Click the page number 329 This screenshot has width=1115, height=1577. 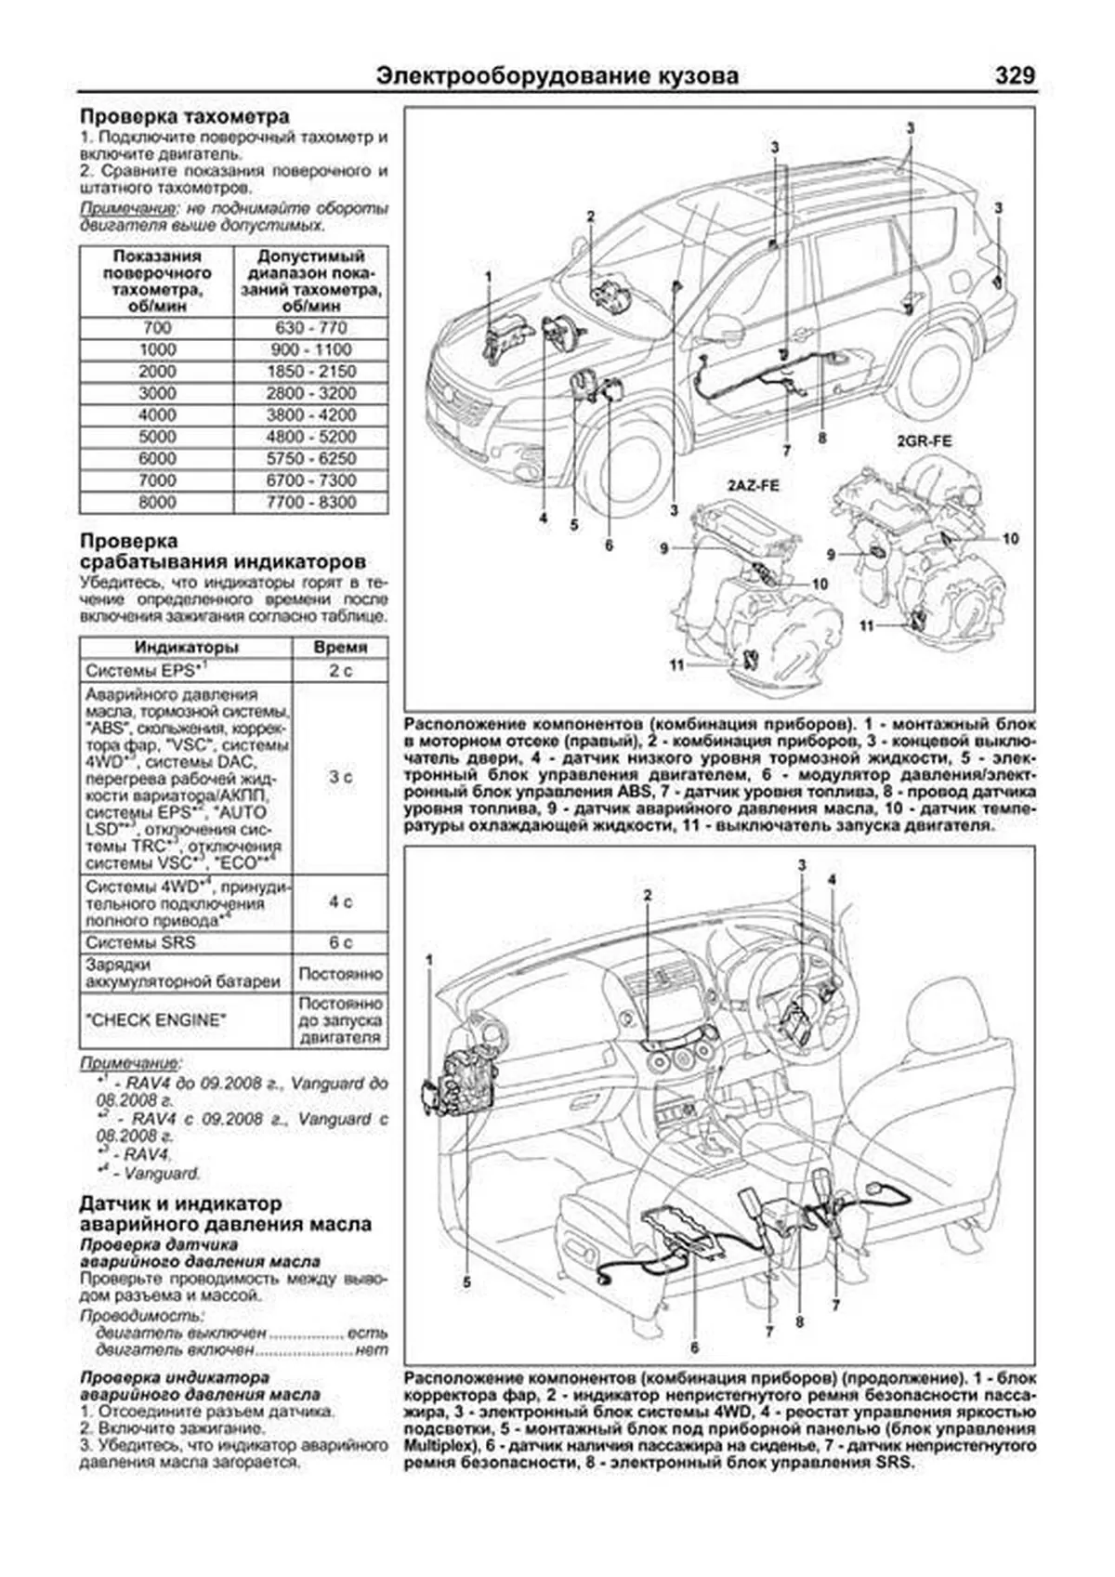pos(1014,75)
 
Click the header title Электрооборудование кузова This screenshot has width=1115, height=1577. pos(557,76)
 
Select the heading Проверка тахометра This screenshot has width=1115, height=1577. pos(184,117)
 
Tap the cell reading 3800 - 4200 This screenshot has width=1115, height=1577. pos(311,414)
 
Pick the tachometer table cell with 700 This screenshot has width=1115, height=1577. pos(157,328)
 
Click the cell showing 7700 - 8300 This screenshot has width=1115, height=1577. pos(311,502)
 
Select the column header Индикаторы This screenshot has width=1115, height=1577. pos(186,647)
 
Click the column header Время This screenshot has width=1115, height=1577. pos(340,647)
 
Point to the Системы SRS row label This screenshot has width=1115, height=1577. pos(140,942)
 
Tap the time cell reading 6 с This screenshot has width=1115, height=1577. pos(340,942)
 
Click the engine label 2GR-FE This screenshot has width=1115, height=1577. pos(924,442)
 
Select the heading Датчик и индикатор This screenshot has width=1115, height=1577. pos(180,1203)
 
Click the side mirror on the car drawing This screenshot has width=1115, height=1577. pos(724,328)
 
